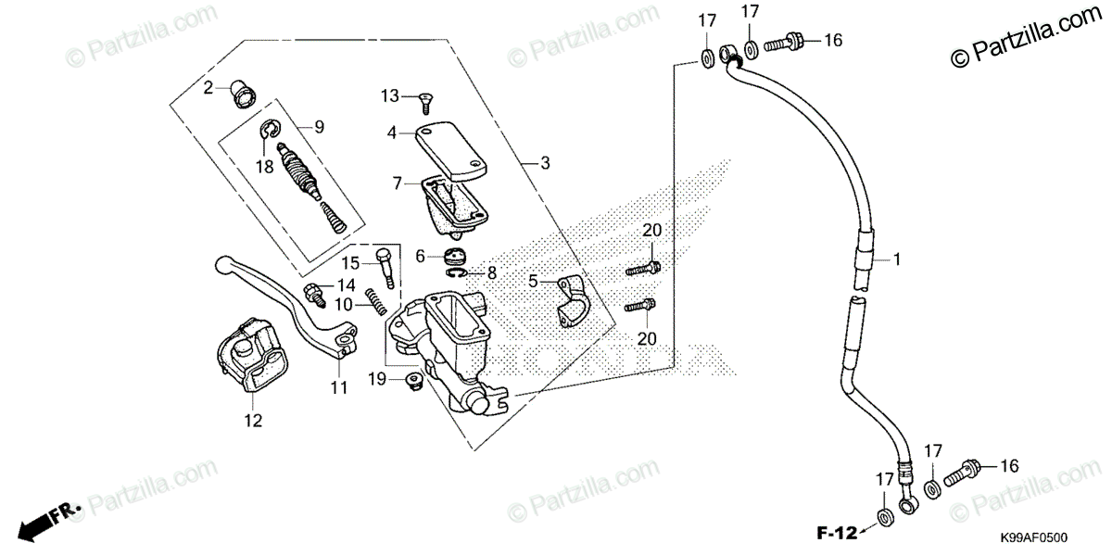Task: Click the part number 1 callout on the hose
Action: click(897, 260)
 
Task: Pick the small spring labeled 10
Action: click(374, 300)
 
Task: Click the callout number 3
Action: click(546, 163)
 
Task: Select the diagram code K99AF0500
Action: click(1033, 537)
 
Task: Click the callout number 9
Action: click(319, 127)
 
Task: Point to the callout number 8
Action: click(492, 273)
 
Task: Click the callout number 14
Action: click(345, 284)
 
